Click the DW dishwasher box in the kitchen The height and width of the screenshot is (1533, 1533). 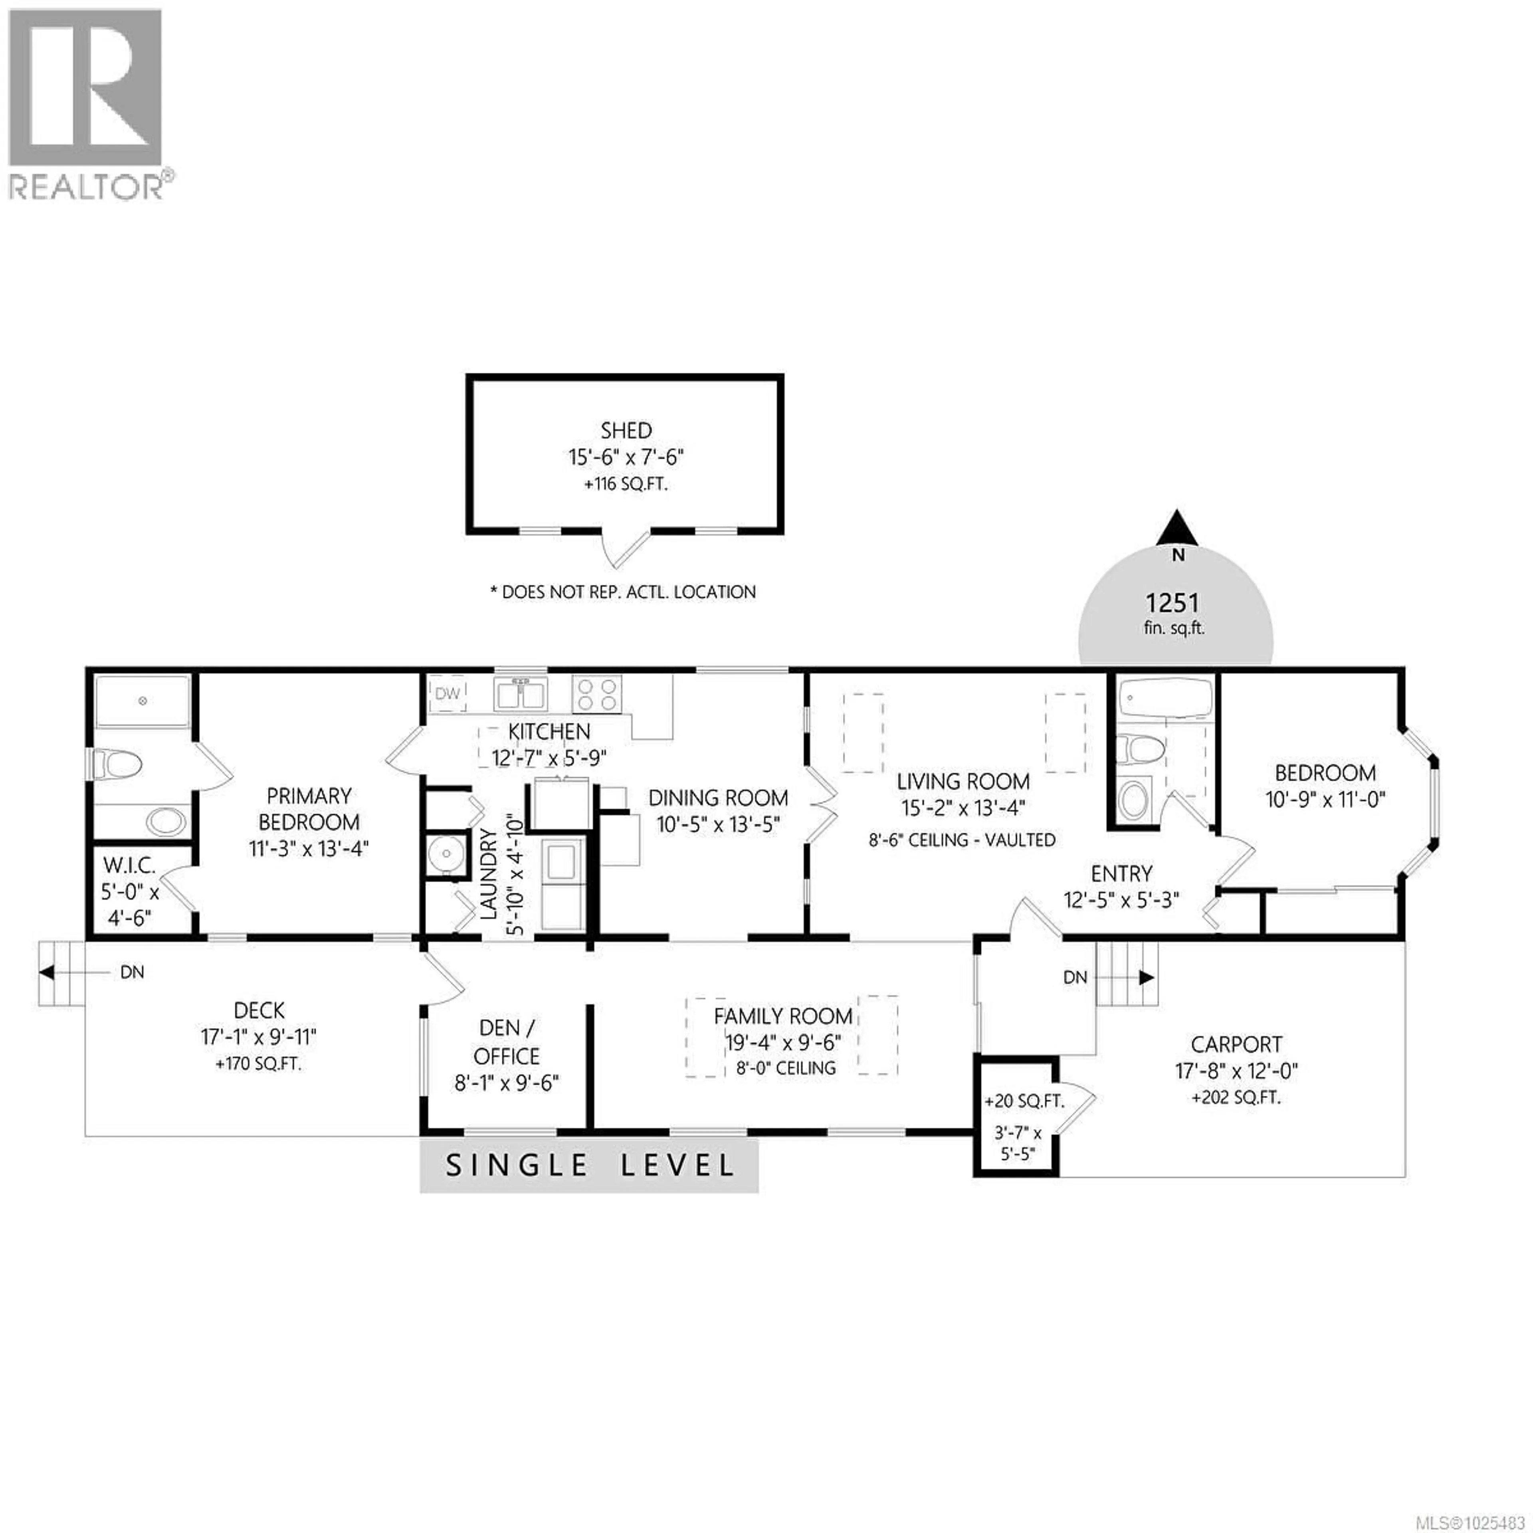coord(448,693)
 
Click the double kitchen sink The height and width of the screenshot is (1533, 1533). coord(520,695)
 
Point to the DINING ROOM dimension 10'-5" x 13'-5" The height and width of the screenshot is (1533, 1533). coord(718,824)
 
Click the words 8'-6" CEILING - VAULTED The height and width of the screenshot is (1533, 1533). coord(962,840)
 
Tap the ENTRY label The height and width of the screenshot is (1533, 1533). coord(1121,873)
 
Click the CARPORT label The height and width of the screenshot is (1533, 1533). coord(1236,1044)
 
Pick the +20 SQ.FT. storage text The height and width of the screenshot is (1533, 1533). coord(1024,1102)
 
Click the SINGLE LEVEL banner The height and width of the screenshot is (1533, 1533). coord(589,1165)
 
